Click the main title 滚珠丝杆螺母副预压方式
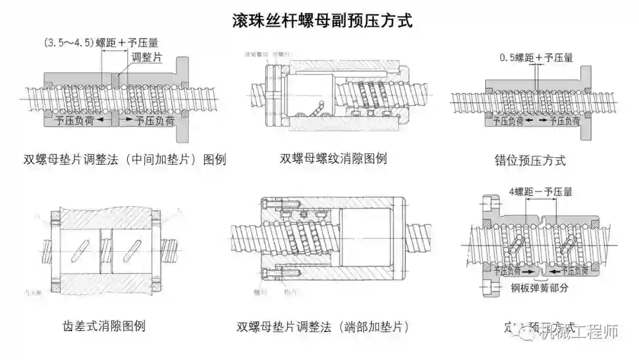[322, 21]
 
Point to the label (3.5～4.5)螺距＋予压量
[101, 43]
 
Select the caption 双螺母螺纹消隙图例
[333, 158]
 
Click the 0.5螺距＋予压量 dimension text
[537, 58]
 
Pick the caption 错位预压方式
[530, 160]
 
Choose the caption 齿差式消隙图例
[104, 326]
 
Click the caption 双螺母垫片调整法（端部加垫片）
[322, 327]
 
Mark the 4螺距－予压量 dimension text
[540, 192]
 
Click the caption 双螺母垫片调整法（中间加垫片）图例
[125, 159]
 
